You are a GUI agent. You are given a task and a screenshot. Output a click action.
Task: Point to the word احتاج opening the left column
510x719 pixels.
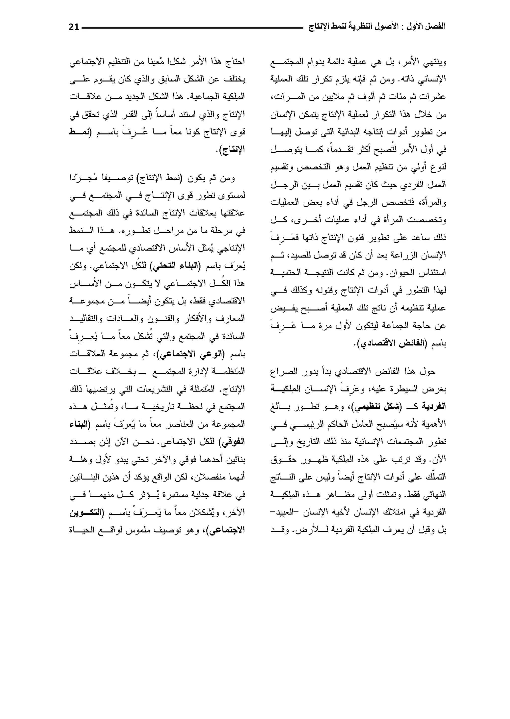(235, 62)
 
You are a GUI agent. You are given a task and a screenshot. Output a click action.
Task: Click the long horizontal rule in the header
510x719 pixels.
(191, 28)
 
